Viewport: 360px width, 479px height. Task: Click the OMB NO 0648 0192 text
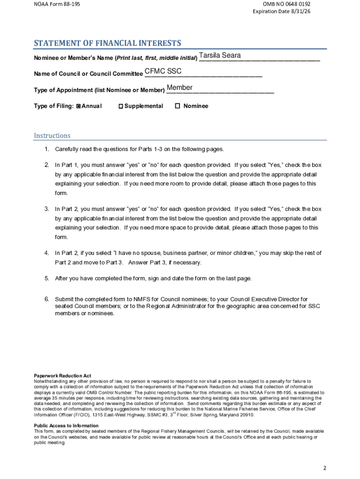[x=287, y=4]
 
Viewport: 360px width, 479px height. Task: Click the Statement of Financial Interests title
[x=107, y=44]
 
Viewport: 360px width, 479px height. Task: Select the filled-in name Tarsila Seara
[x=220, y=56]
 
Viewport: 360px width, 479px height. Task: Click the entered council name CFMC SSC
[x=163, y=71]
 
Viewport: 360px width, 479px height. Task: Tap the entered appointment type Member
[x=180, y=88]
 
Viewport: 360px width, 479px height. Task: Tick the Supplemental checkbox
[x=121, y=106]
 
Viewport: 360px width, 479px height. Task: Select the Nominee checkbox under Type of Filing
[x=177, y=106]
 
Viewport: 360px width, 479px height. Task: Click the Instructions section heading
[x=52, y=136]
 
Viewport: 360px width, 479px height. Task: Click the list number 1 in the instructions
[x=47, y=149]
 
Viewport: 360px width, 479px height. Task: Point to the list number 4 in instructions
[x=47, y=253]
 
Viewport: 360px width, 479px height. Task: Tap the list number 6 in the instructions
[x=47, y=299]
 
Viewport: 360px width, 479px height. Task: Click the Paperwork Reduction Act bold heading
[x=62, y=376]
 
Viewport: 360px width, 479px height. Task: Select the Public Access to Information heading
[x=66, y=426]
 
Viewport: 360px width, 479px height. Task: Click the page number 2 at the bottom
[x=324, y=468]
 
